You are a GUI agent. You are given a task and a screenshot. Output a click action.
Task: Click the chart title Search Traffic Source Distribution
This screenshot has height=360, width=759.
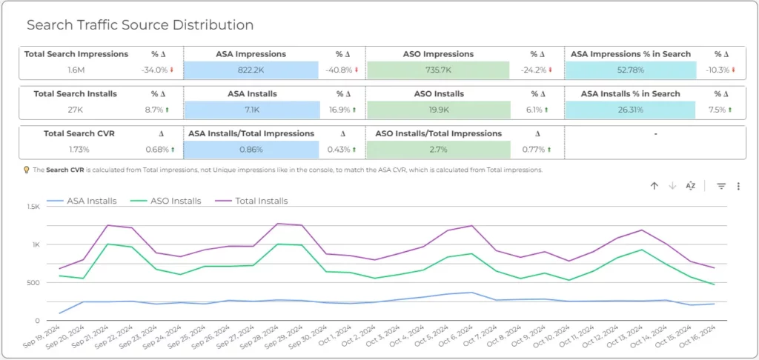tap(140, 25)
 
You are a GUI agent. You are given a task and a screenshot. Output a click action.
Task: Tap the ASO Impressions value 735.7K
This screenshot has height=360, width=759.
tap(437, 70)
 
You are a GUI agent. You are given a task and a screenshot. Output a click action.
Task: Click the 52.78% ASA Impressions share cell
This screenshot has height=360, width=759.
tap(630, 70)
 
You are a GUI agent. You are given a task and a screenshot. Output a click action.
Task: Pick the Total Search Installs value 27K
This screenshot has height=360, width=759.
tap(76, 110)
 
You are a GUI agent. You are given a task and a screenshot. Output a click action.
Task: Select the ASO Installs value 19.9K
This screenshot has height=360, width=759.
tap(438, 110)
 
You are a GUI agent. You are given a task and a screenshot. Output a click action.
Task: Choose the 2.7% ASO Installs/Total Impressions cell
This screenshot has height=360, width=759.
tap(438, 150)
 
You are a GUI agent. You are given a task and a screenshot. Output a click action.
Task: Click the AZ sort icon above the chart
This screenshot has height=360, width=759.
tap(691, 186)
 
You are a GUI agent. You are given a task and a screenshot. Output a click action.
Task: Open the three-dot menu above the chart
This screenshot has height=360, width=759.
tap(738, 186)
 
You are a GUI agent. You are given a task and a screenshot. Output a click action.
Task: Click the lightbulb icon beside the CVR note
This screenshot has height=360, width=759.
tap(27, 170)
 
